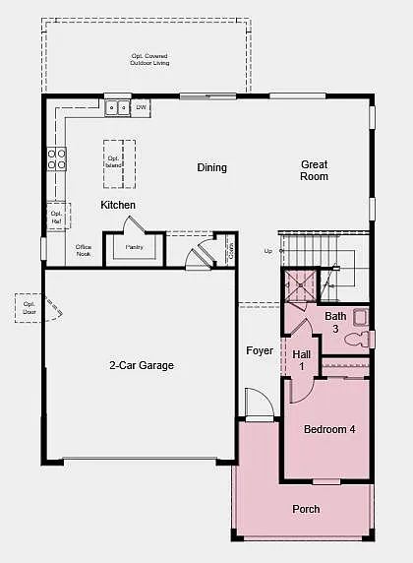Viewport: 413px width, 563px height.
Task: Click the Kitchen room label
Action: click(118, 205)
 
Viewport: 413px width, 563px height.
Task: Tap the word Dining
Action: click(211, 167)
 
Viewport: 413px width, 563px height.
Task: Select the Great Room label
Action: click(315, 170)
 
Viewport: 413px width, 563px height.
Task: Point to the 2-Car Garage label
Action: click(141, 365)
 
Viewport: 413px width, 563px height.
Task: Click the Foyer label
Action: click(260, 350)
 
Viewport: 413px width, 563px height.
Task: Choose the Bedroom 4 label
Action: click(329, 429)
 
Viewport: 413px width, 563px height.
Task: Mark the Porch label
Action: click(306, 509)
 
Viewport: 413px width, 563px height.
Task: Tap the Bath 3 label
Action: click(335, 322)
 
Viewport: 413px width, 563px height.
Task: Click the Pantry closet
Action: click(135, 246)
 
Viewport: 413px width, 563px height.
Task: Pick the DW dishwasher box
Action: click(142, 106)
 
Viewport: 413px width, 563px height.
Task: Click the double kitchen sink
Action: click(118, 106)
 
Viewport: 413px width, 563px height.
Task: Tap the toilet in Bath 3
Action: click(369, 339)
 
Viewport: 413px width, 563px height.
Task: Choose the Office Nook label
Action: click(84, 250)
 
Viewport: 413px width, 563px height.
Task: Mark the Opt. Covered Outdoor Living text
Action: click(148, 60)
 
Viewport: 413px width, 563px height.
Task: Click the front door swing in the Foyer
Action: click(258, 404)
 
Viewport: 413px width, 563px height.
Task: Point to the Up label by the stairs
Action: click(268, 251)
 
